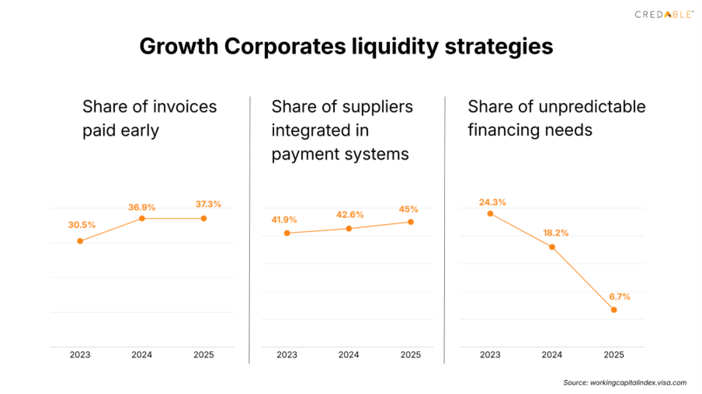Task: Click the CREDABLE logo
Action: click(x=664, y=14)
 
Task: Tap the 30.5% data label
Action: click(x=82, y=225)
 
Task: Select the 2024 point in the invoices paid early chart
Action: click(x=141, y=219)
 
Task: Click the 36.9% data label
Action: click(x=142, y=207)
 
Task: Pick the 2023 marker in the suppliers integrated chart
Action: click(x=287, y=233)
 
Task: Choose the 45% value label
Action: click(x=409, y=209)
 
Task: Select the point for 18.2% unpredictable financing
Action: click(x=552, y=247)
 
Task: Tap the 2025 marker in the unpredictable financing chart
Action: click(x=614, y=310)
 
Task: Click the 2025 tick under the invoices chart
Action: click(x=203, y=355)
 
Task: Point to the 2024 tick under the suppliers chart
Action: click(x=349, y=355)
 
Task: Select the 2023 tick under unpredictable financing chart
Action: click(x=490, y=355)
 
